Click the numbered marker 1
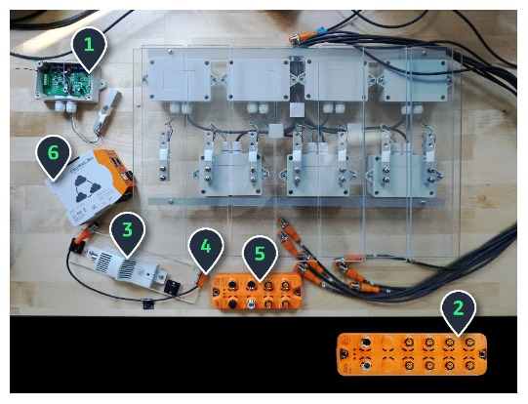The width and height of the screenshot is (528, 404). (89, 47)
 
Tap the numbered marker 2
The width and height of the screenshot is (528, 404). (458, 309)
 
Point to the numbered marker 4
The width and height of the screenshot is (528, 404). (206, 249)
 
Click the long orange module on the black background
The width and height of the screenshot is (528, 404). (412, 354)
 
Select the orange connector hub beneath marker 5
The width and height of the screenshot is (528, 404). (257, 291)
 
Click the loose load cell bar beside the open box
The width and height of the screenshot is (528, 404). (106, 112)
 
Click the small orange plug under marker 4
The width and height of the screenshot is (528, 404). (202, 280)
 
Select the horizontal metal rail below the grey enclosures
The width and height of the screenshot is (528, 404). (297, 202)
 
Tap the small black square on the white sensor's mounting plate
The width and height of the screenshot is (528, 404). (172, 288)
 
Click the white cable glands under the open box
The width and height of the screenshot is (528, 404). (66, 106)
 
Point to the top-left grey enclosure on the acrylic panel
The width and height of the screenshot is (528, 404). (180, 80)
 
